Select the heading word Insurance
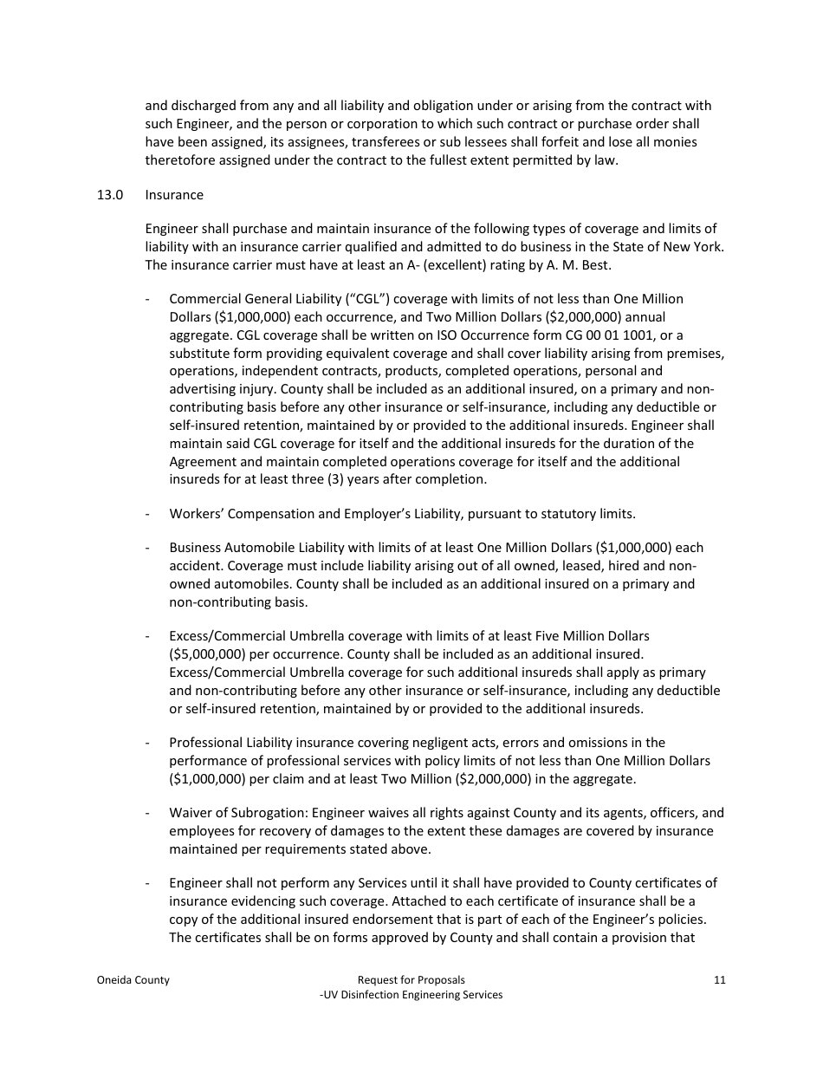[174, 195]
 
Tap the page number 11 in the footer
[719, 980]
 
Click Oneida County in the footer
[133, 980]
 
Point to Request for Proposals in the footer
[411, 980]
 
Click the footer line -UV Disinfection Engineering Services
[411, 995]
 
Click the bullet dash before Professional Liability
[149, 743]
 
